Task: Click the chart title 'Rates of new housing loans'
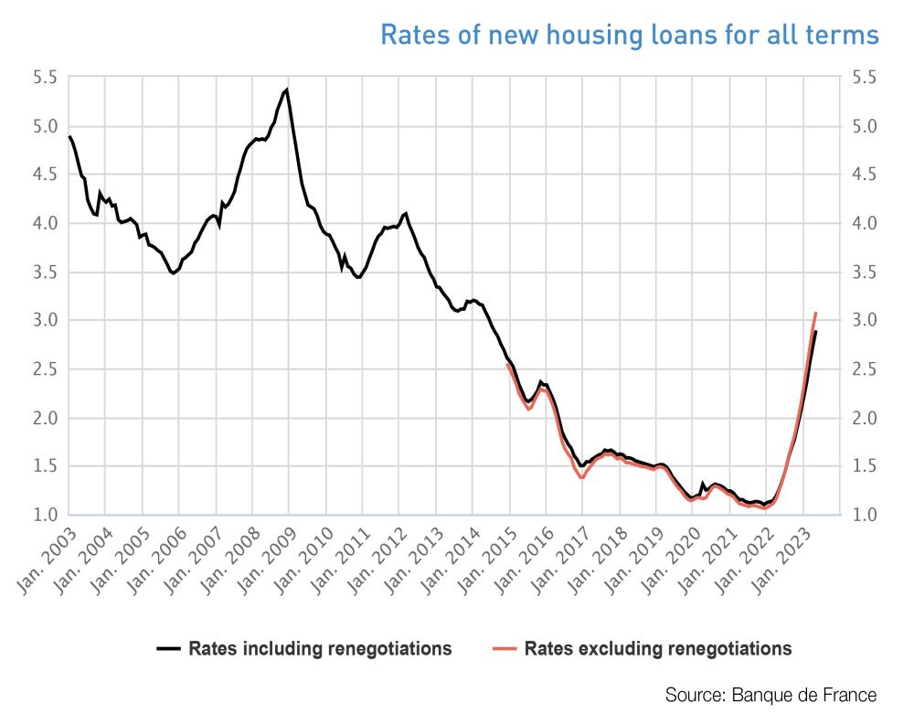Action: point(629,35)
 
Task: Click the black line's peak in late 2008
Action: point(287,90)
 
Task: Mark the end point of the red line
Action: point(815,313)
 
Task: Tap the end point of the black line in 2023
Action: point(816,331)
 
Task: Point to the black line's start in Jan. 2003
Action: point(69,136)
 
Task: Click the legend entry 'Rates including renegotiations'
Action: point(320,649)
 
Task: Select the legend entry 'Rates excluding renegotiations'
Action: point(658,649)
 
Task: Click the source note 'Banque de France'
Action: point(771,695)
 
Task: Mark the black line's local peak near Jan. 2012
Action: point(405,213)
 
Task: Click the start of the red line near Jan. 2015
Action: point(507,364)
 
